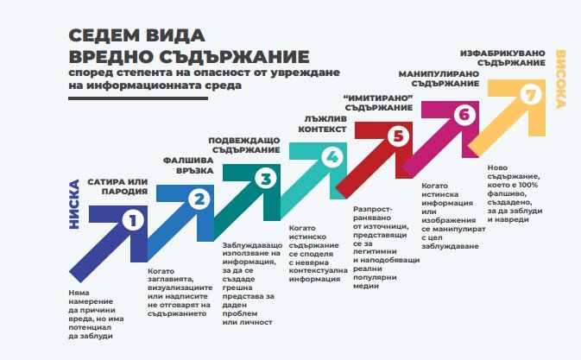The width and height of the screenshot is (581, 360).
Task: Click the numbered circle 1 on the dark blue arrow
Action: (133, 221)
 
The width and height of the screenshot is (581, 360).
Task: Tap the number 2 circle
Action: (199, 199)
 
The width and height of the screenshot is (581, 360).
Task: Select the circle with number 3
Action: (266, 179)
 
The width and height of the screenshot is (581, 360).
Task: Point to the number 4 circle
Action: (332, 157)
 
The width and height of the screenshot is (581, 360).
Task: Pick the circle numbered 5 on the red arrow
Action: (398, 136)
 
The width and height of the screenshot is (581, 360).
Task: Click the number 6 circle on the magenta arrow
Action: (464, 115)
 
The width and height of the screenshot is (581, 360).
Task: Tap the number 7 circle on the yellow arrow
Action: (531, 94)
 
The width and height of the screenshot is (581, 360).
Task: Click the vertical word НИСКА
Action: (74, 204)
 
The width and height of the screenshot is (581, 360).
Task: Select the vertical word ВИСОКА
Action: (561, 79)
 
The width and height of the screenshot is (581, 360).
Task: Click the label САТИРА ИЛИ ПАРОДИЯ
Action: (117, 186)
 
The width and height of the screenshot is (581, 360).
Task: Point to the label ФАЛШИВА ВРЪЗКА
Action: (188, 166)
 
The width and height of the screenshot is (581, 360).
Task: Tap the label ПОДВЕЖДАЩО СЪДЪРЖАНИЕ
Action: (244, 145)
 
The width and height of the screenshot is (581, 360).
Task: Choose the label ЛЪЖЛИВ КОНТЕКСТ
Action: (322, 124)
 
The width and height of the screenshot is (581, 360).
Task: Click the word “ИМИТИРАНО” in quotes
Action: (378, 98)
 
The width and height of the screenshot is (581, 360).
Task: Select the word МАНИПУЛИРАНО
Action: (439, 74)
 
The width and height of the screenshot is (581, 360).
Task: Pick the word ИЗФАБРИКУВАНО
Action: (502, 54)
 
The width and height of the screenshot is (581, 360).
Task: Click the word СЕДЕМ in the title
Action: (103, 35)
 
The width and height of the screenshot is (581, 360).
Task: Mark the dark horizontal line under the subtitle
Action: (138, 98)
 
